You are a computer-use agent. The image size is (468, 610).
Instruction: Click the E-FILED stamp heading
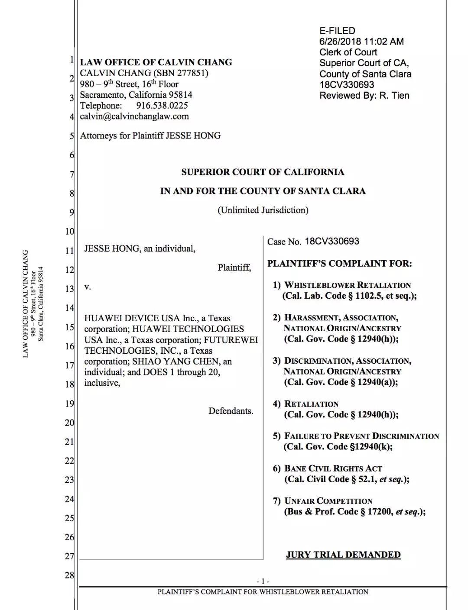[x=337, y=31]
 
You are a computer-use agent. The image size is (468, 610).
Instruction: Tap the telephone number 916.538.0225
[x=162, y=106]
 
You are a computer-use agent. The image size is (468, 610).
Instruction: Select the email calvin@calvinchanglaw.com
[x=134, y=116]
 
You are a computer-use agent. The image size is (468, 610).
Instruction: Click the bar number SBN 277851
[x=181, y=73]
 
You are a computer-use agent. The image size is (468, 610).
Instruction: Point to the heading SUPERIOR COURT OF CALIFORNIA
[x=263, y=172]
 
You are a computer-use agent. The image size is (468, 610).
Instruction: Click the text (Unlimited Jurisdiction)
[x=263, y=210]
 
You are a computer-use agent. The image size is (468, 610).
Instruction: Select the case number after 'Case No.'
[x=332, y=242]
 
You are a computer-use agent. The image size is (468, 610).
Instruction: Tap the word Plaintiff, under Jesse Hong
[x=234, y=268]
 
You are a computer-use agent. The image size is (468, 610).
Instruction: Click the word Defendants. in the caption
[x=231, y=411]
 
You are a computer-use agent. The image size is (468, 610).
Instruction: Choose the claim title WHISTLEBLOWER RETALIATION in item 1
[x=348, y=285]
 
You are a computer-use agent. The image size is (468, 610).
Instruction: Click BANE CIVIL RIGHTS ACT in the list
[x=333, y=468]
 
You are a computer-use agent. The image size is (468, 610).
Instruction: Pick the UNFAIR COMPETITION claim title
[x=328, y=501]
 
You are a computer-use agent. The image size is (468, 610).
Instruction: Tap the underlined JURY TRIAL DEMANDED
[x=343, y=555]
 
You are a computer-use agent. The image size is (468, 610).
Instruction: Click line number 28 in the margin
[x=69, y=575]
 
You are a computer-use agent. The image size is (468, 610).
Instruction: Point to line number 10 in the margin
[x=69, y=232]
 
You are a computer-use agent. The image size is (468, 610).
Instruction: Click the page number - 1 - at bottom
[x=263, y=581]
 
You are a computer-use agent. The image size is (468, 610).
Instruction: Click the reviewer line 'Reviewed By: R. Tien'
[x=364, y=96]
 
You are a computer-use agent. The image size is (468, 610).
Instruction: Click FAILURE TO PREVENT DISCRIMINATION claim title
[x=361, y=436]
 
